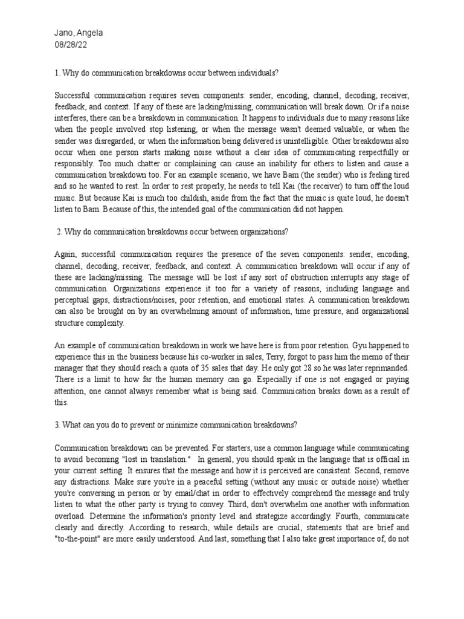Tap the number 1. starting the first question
tap(57, 73)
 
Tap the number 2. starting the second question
tap(60, 232)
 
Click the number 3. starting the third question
tap(57, 424)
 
